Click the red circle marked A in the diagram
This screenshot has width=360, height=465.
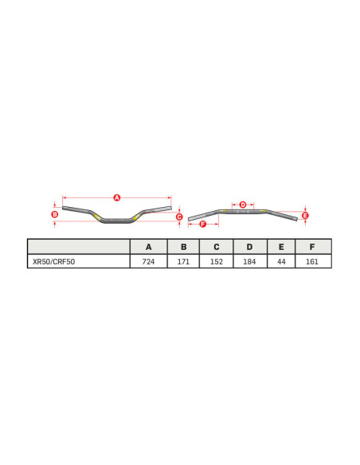116,197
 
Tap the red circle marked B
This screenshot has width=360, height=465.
55,214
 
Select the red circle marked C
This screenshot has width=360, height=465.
179,217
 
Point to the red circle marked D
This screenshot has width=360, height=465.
243,205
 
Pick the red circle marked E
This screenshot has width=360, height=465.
305,215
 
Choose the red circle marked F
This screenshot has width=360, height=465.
202,225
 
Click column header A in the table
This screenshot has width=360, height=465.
149,247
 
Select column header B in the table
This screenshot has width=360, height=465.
183,247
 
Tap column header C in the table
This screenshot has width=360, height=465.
216,247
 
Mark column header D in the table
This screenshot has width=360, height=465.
249,247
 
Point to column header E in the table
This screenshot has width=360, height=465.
281,247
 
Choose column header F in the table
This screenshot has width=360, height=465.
312,247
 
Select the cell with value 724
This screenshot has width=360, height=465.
149,261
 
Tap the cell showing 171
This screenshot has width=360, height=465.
183,261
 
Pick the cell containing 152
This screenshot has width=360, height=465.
216,261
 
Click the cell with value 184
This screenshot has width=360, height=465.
249,261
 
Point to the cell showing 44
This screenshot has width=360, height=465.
281,261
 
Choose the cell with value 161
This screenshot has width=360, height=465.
312,261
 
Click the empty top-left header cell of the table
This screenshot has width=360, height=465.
78,247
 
